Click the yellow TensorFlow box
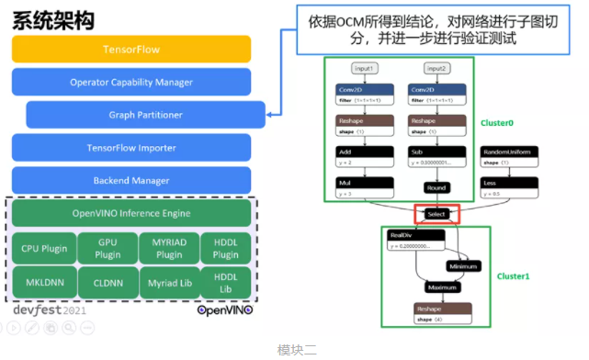131,50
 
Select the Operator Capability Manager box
131,83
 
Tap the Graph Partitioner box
139,116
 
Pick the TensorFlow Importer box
131,148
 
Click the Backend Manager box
131,181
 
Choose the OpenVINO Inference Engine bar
131,214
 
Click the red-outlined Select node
436,214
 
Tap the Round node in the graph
436,187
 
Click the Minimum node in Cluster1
464,266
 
